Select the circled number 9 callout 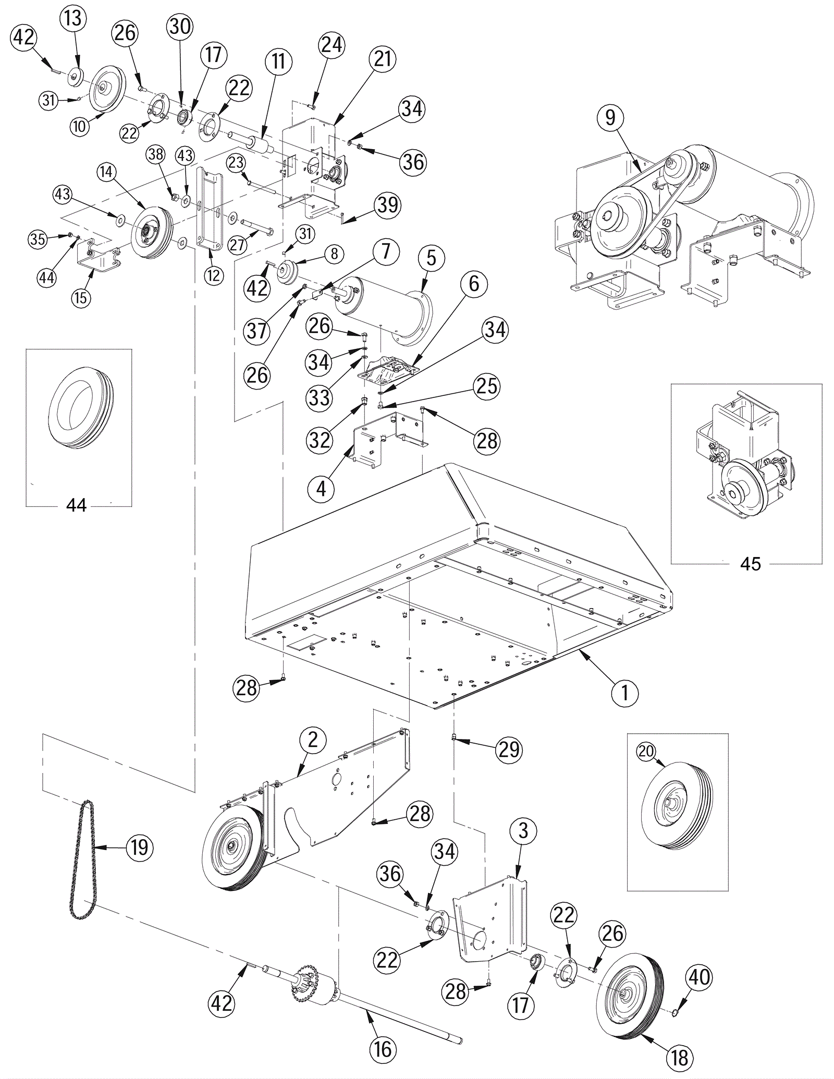(610, 118)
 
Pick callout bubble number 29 (509, 749)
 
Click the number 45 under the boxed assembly (750, 564)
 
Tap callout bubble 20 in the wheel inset (646, 751)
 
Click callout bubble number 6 (474, 284)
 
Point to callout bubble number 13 (73, 19)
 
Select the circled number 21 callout (382, 58)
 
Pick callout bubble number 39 (388, 205)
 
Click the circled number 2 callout (313, 740)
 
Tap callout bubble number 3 (523, 831)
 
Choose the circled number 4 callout (321, 489)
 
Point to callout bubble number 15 (81, 297)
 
